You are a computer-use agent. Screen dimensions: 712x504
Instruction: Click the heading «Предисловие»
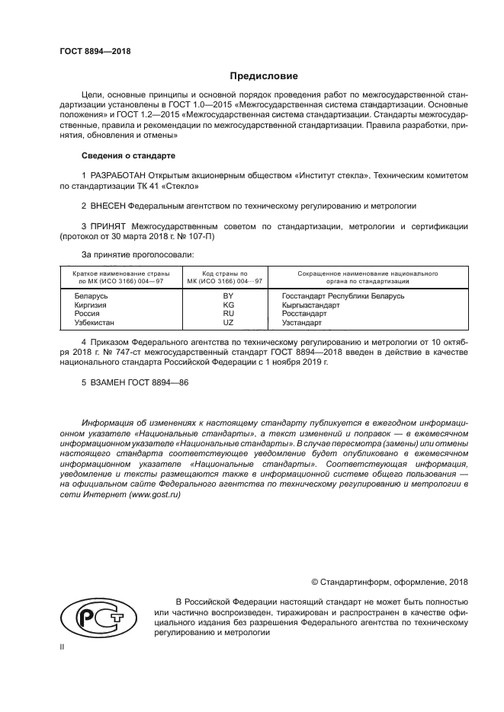coord(264,76)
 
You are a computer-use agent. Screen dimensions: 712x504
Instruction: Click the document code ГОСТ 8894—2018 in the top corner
coord(95,51)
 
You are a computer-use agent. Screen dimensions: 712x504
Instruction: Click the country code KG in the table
coord(227,305)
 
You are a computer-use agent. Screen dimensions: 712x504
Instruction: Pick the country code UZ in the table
coord(227,322)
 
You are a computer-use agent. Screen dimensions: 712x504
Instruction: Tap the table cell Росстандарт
coord(304,313)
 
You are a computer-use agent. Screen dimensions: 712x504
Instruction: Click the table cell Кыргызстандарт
coord(310,305)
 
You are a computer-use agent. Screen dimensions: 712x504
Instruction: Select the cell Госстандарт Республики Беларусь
coord(342,295)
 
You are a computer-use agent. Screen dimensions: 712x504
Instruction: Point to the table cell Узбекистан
coord(95,322)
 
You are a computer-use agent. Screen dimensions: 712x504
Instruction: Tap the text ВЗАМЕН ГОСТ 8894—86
coord(134,383)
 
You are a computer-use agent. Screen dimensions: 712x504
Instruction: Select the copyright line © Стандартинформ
coord(390,582)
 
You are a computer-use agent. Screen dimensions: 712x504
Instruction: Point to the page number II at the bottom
coord(63,647)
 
